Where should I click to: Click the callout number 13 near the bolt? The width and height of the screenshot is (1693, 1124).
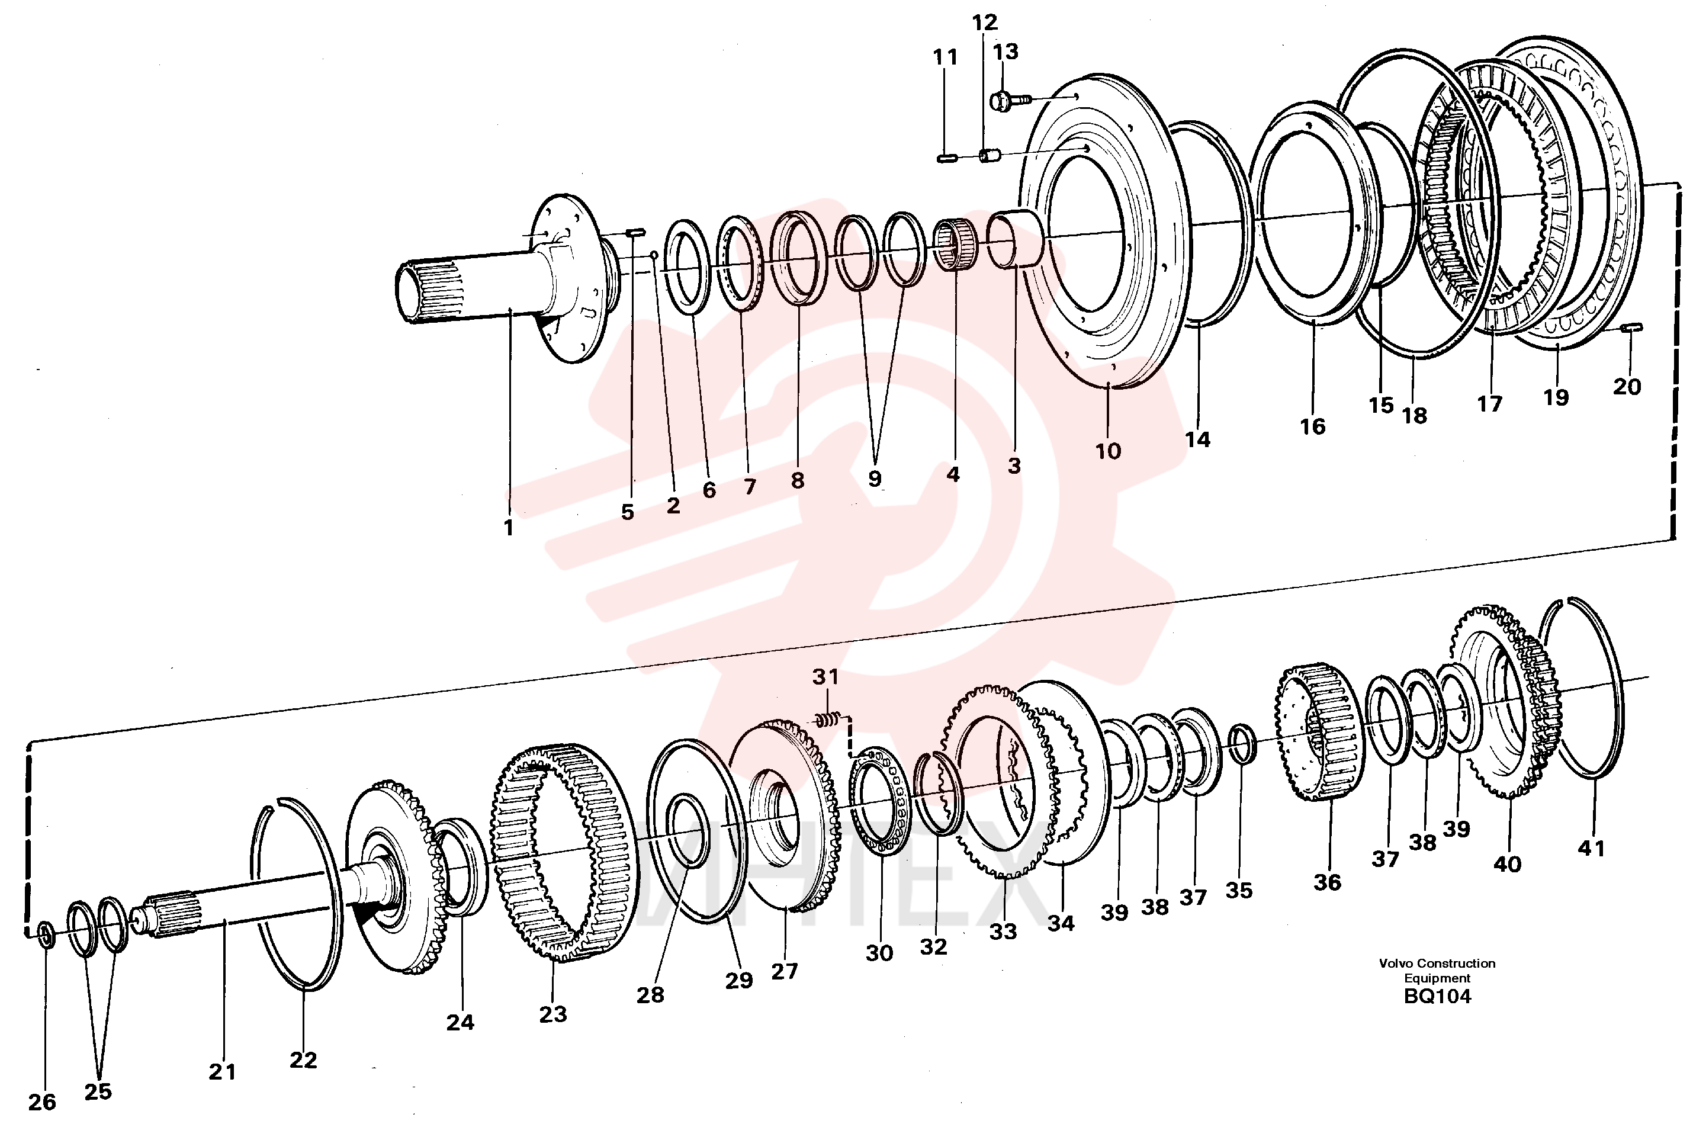pos(1005,52)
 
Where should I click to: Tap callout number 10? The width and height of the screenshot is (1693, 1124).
pos(1107,451)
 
